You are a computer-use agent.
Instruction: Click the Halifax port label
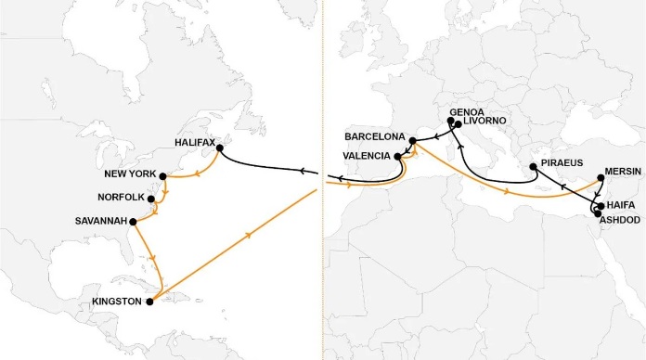click(194, 143)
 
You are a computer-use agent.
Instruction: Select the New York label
click(130, 175)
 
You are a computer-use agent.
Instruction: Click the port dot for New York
click(162, 175)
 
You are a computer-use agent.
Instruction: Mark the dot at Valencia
click(397, 157)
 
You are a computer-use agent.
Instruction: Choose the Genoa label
click(466, 110)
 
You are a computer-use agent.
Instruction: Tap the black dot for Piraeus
click(533, 168)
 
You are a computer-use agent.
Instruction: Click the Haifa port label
click(618, 204)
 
